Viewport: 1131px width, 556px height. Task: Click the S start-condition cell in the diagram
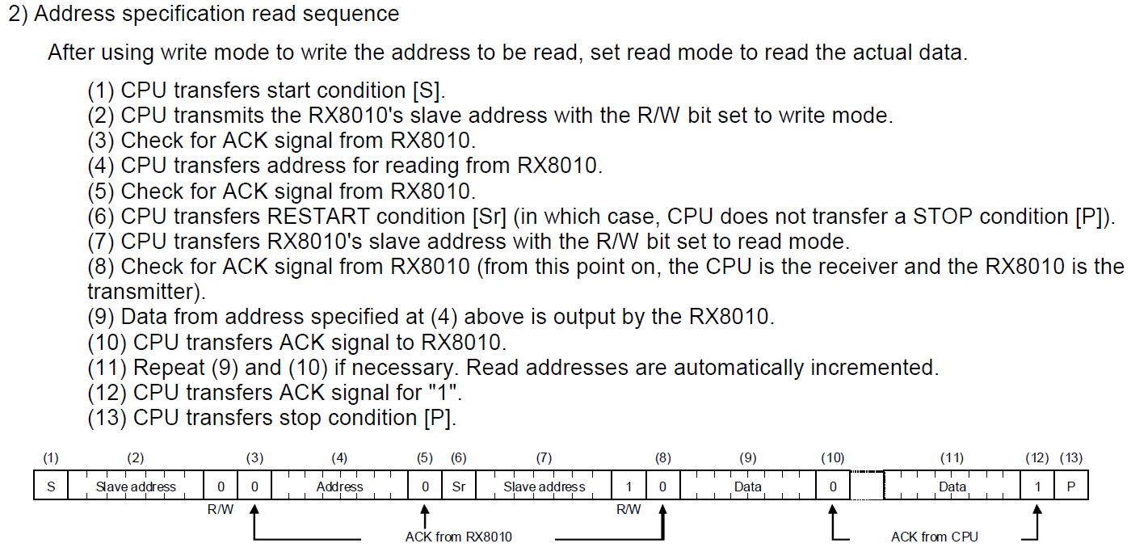click(51, 486)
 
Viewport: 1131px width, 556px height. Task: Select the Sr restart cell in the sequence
click(459, 486)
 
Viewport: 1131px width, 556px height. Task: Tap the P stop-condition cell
click(1070, 486)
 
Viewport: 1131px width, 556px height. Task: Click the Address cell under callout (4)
click(339, 486)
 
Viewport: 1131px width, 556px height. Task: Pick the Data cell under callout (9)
click(747, 486)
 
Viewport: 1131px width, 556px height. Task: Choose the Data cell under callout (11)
click(952, 486)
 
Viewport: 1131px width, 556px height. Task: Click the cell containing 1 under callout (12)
click(1037, 486)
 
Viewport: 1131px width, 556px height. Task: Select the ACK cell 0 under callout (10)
click(833, 486)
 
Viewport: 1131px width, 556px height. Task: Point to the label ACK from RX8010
click(458, 537)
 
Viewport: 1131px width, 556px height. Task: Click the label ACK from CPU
click(934, 537)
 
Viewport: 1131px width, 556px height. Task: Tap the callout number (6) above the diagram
click(459, 458)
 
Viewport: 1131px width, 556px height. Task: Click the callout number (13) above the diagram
click(1071, 458)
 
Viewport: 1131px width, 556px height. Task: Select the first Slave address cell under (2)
click(136, 486)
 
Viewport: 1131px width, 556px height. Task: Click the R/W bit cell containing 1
click(629, 486)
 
